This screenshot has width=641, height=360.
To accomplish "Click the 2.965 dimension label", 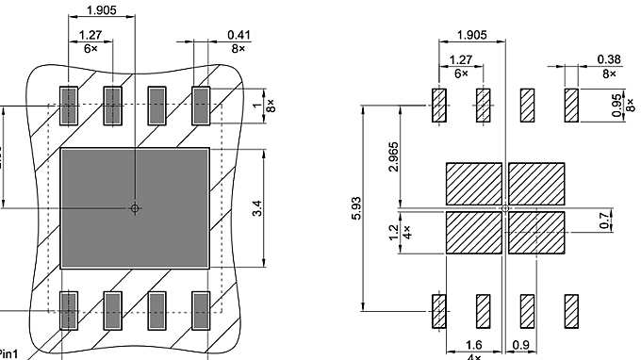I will [394, 155].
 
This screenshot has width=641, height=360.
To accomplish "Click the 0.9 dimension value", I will [520, 346].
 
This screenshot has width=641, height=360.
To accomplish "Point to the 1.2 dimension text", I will [394, 229].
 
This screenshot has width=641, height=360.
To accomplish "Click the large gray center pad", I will [135, 206].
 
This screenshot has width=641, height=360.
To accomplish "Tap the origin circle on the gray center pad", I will [135, 207].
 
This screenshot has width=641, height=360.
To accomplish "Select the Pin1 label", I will [8, 353].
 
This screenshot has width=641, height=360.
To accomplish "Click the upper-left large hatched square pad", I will [473, 183].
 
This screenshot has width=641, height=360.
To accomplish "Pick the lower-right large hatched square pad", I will [536, 231].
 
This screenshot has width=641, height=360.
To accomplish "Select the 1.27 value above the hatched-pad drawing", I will [461, 61].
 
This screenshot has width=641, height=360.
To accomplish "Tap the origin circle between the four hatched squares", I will [505, 207].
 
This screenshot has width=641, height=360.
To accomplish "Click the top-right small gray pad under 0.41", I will [201, 106].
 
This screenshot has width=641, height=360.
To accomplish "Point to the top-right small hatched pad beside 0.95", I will [571, 105].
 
